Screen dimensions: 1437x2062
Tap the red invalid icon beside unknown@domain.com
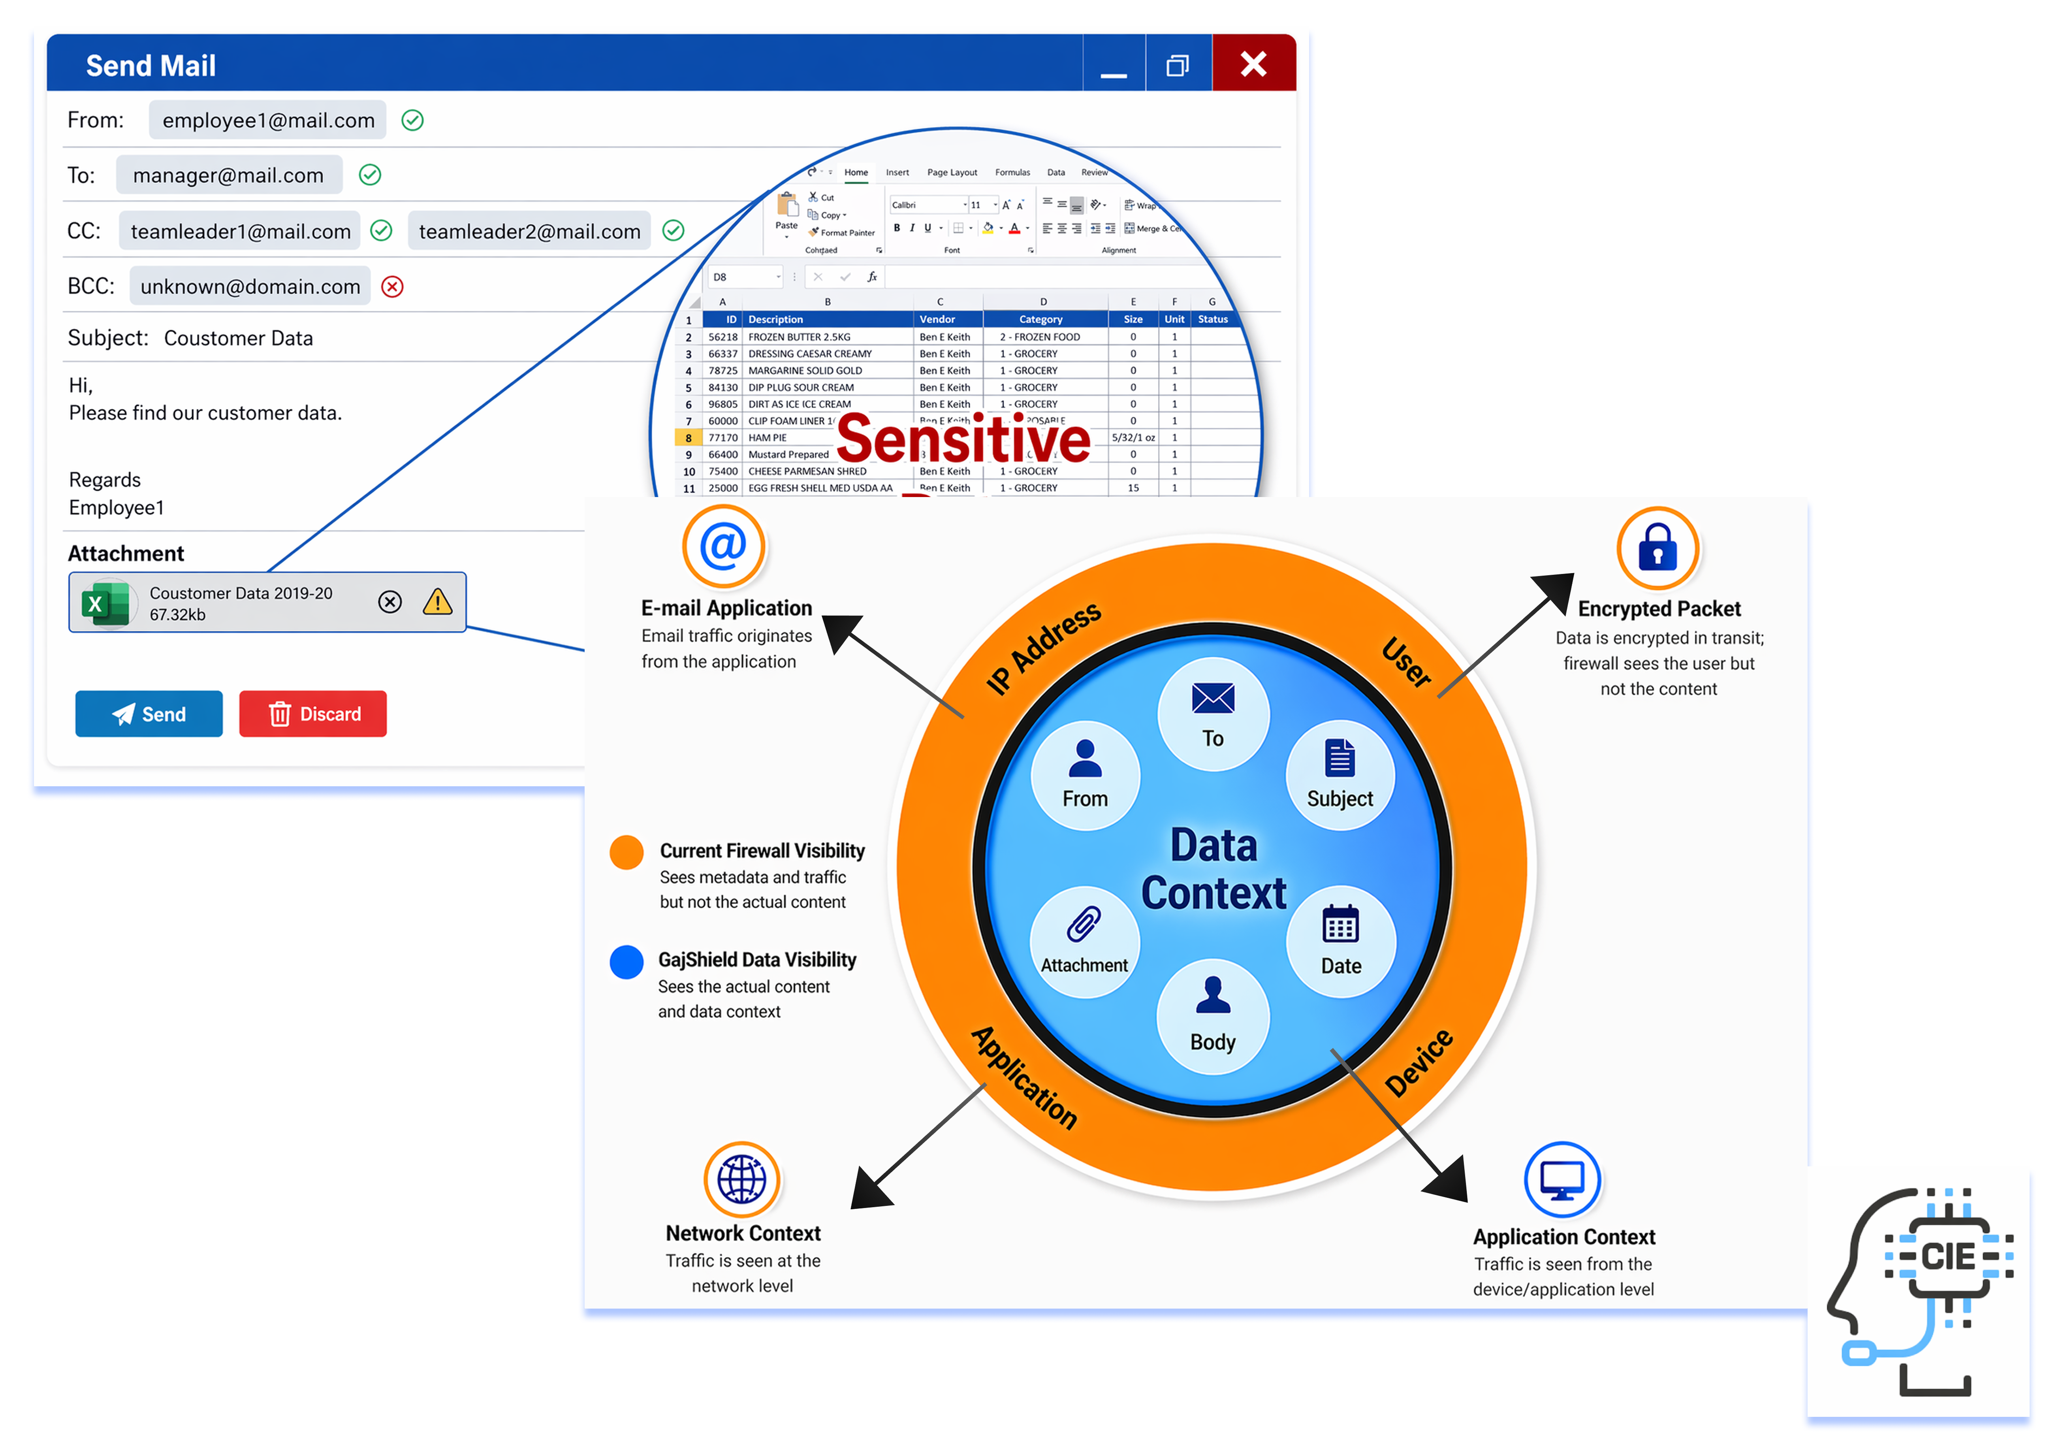(x=393, y=286)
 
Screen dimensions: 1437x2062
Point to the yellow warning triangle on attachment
(x=437, y=602)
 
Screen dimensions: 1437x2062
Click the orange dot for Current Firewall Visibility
(x=626, y=851)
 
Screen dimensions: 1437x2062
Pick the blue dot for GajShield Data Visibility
(x=626, y=961)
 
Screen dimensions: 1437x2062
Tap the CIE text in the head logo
(x=1947, y=1256)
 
